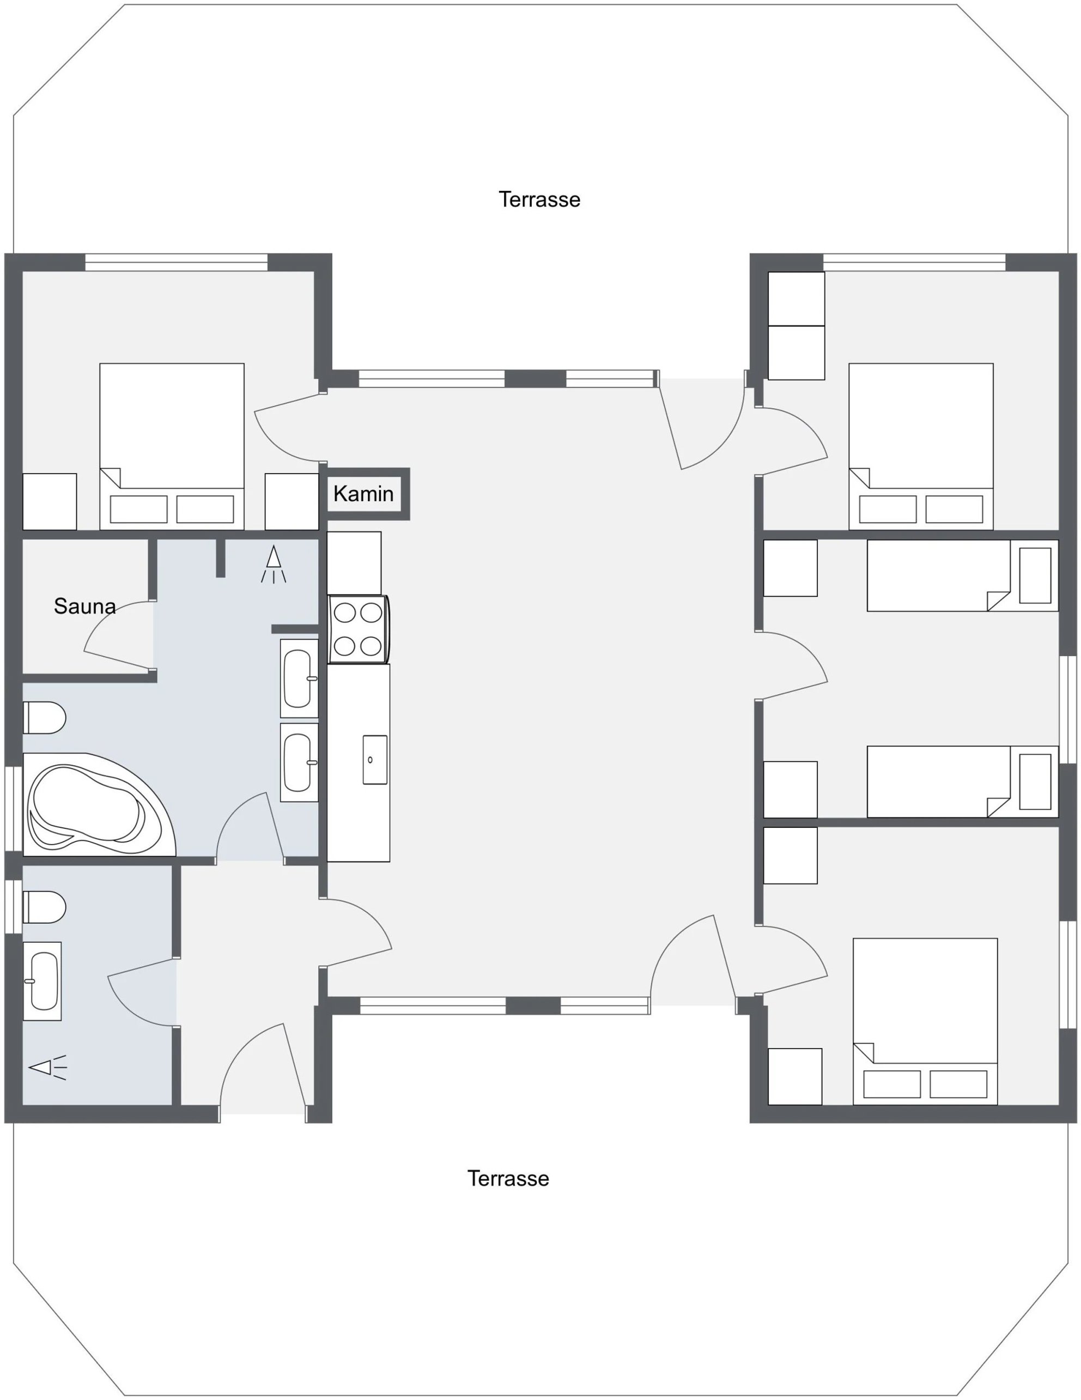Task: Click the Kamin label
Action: pyautogui.click(x=363, y=494)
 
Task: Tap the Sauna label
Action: pyautogui.click(x=84, y=606)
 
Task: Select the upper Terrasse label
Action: pyautogui.click(x=539, y=199)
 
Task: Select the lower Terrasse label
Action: pyautogui.click(x=508, y=1178)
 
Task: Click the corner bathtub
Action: pyautogui.click(x=96, y=804)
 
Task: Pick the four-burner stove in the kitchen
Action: pyautogui.click(x=358, y=629)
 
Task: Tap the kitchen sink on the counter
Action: pyautogui.click(x=375, y=760)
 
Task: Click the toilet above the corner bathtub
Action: pyautogui.click(x=44, y=717)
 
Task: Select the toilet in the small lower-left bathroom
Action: pyautogui.click(x=44, y=907)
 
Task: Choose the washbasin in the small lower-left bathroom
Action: pyautogui.click(x=42, y=981)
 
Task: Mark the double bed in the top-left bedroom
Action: pyautogui.click(x=172, y=447)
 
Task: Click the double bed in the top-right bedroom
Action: pyautogui.click(x=921, y=447)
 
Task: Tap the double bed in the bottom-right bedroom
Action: pyautogui.click(x=925, y=1021)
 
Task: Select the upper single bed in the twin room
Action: pyautogui.click(x=962, y=575)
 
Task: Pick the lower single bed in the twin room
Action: pyautogui.click(x=962, y=781)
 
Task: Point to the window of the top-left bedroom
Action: pyautogui.click(x=176, y=262)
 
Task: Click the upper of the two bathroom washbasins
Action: pyautogui.click(x=299, y=678)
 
